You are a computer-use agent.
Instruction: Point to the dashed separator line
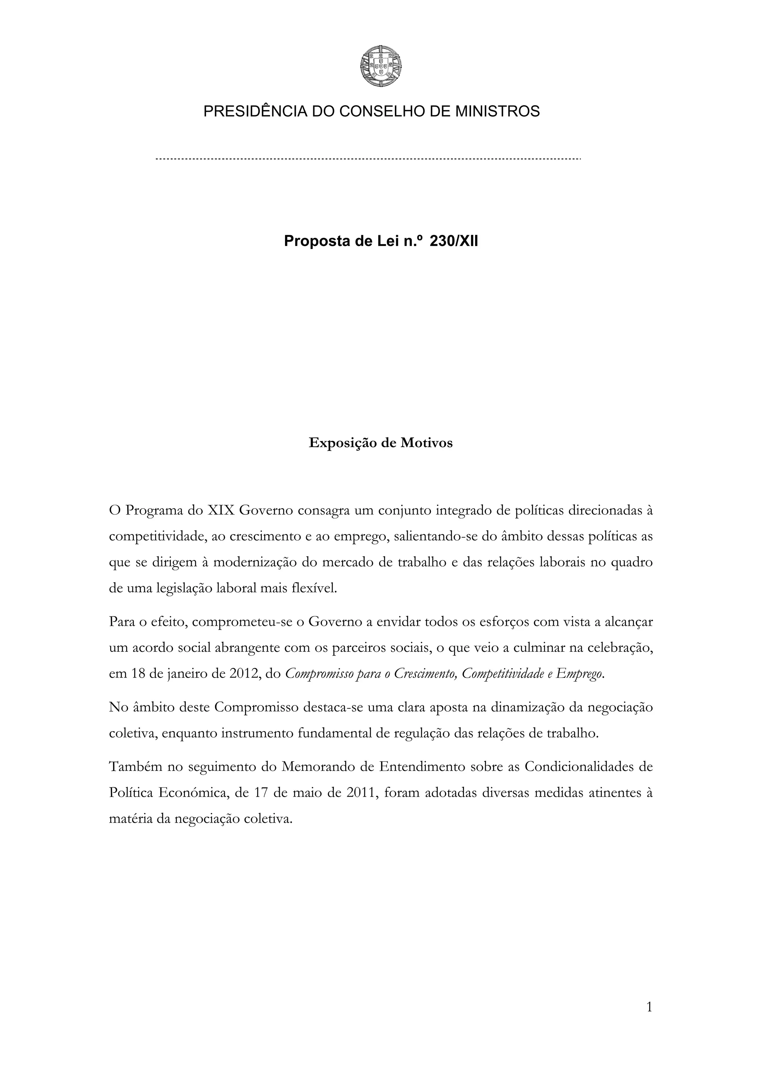[368, 160]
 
